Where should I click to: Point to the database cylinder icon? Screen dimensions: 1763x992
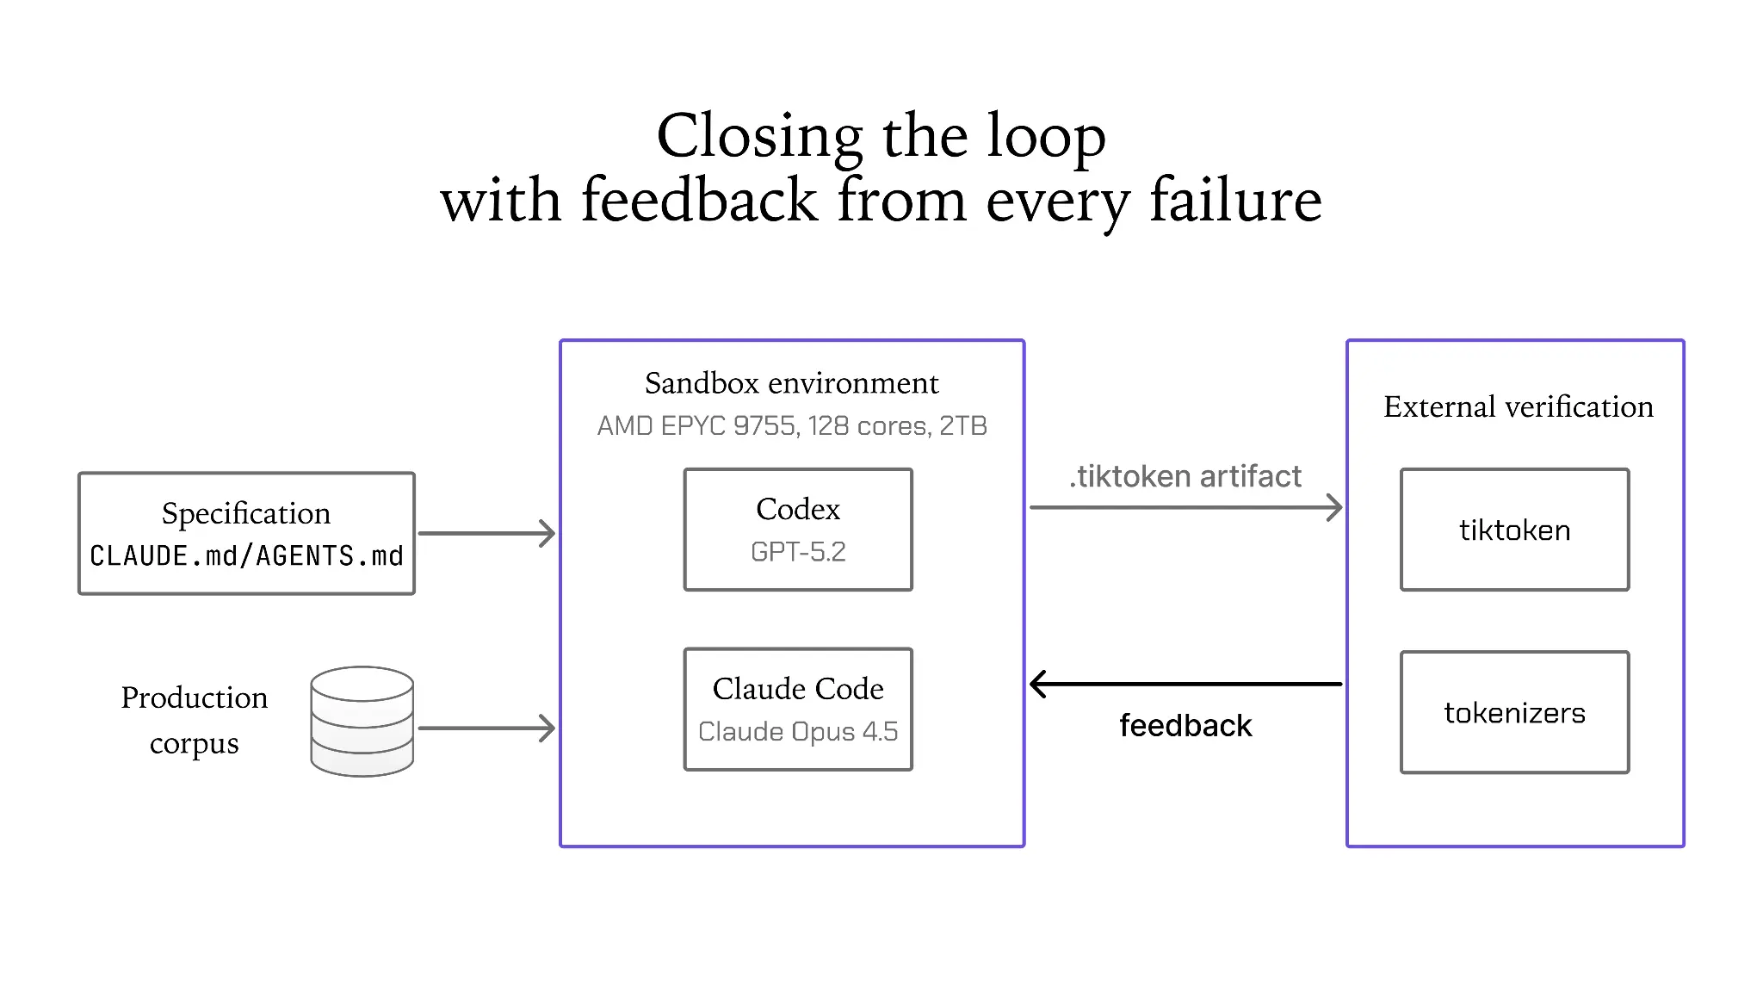pos(362,722)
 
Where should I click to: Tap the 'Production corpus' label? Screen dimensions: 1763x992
pos(195,720)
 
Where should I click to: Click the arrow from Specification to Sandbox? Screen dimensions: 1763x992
pos(487,533)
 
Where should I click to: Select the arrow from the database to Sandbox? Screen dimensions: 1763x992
pos(487,728)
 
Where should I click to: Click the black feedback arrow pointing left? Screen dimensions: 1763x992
pos(1185,684)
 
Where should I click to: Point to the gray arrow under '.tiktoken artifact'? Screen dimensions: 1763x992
pos(1186,507)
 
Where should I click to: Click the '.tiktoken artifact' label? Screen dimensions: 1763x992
pos(1185,476)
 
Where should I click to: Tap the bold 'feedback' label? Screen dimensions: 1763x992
pos(1185,725)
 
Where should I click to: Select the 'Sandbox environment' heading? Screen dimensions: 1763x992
pos(792,383)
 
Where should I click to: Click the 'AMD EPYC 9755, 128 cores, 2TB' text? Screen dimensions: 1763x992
pos(792,425)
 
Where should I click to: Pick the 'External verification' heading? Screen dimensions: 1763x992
pos(1519,406)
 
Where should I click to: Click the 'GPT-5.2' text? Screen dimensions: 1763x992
pos(798,552)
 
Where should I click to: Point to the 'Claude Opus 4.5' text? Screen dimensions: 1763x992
pos(798,732)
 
